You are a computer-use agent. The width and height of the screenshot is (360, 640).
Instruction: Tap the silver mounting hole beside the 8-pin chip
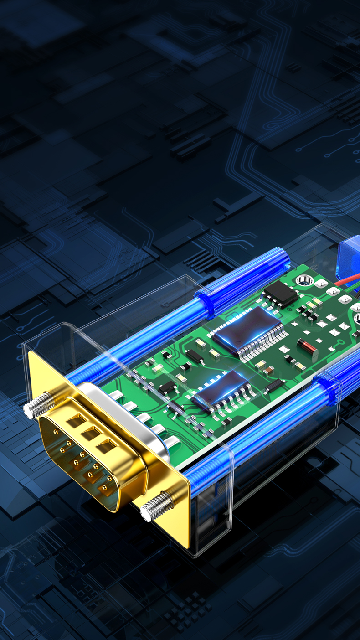(x=302, y=280)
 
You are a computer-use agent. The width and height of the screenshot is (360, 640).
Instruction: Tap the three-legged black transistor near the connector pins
(x=167, y=388)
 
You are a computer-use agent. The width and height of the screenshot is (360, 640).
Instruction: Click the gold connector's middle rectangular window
(x=89, y=434)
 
